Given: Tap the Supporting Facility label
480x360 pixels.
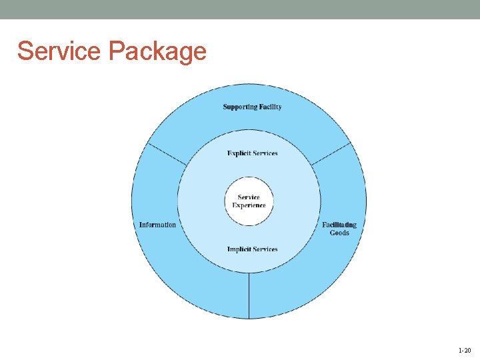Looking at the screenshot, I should click(x=252, y=107).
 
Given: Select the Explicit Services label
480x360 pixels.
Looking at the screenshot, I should click(x=252, y=153).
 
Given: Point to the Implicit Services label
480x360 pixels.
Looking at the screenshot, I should click(x=252, y=249).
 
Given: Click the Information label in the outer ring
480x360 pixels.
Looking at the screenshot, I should click(x=157, y=225).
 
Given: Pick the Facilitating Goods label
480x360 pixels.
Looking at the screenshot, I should click(x=339, y=229).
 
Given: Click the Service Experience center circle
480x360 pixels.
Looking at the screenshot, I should click(x=249, y=201).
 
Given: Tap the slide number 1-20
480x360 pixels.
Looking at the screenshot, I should click(x=464, y=350).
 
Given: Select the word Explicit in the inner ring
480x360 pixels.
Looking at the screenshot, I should click(x=238, y=153).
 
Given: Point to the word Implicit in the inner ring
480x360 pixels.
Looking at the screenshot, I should click(x=238, y=249).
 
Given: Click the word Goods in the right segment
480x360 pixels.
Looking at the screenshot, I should click(x=339, y=233).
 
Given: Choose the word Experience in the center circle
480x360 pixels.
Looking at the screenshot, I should click(x=249, y=205).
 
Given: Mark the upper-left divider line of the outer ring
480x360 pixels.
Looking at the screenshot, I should click(x=167, y=154).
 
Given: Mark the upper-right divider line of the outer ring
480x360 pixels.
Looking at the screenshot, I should click(x=331, y=154).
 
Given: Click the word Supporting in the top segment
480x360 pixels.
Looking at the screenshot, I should click(x=238, y=107).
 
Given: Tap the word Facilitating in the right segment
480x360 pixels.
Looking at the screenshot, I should click(x=339, y=225).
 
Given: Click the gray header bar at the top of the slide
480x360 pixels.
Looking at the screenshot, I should click(x=240, y=9).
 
